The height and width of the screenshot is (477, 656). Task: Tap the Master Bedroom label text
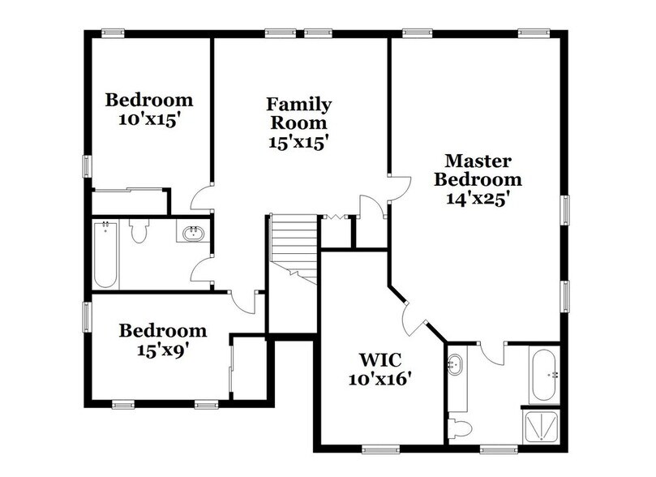pyautogui.click(x=476, y=169)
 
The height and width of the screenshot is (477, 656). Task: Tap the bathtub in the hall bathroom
pyautogui.click(x=106, y=256)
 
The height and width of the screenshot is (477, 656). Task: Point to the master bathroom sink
pyautogui.click(x=456, y=366)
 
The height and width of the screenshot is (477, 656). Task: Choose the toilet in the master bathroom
pyautogui.click(x=461, y=428)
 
